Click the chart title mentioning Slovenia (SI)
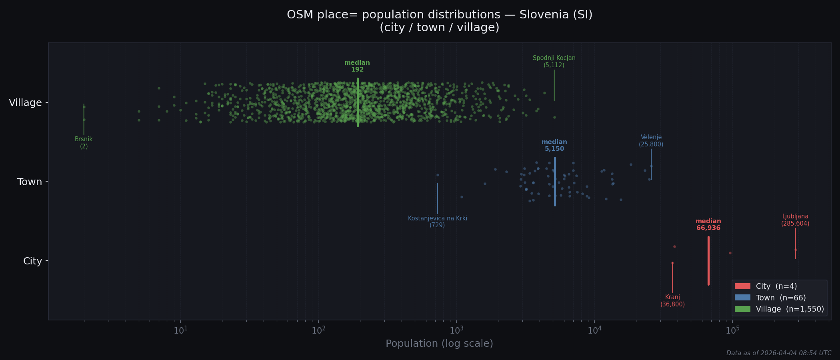click(439, 21)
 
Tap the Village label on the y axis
click(25, 103)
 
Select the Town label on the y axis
click(30, 182)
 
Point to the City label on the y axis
click(32, 261)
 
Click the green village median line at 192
click(358, 102)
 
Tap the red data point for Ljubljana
click(796, 250)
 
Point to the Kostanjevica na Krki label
click(437, 222)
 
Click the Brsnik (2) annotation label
click(84, 143)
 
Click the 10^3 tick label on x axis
click(456, 330)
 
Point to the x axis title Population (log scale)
click(439, 344)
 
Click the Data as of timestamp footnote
click(778, 353)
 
